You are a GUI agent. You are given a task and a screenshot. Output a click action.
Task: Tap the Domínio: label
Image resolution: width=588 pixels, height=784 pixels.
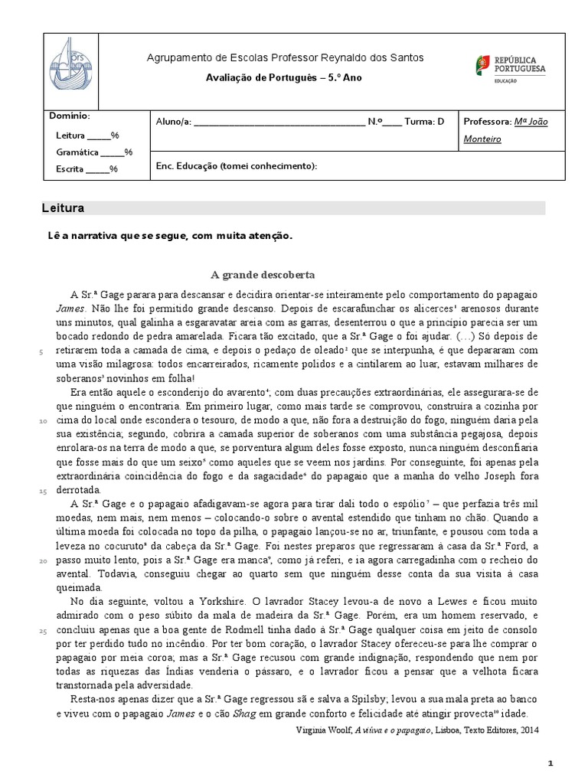[70, 116]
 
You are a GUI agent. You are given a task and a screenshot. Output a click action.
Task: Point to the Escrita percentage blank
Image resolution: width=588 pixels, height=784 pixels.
[98, 169]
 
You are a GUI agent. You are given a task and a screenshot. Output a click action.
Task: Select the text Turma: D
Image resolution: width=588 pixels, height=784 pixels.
[424, 121]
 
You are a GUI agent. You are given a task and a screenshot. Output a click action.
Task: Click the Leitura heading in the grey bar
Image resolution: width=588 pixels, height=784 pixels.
[64, 208]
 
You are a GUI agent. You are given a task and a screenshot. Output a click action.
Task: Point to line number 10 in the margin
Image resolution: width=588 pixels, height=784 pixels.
[42, 421]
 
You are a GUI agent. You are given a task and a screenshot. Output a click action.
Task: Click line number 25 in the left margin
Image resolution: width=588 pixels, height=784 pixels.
[42, 630]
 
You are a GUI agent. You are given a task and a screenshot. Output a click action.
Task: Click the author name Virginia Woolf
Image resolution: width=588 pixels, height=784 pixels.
[320, 730]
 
